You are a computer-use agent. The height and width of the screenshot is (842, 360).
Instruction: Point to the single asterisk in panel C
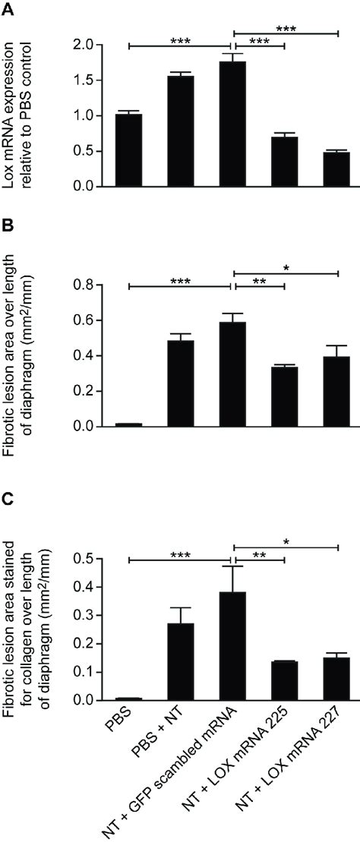pos(284,542)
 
